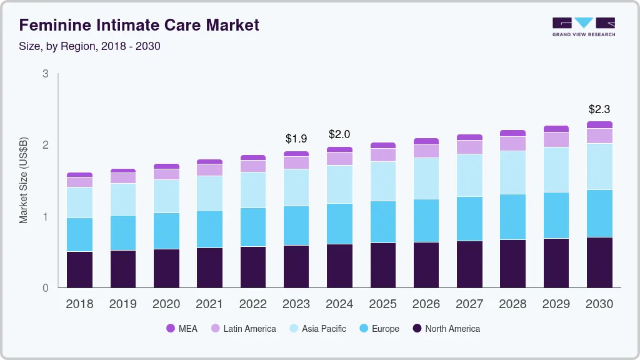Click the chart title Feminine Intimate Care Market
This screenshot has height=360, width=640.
[139, 25]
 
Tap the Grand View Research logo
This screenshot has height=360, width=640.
[583, 26]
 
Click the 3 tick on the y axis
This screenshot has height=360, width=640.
[45, 74]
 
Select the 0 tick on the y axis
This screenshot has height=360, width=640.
[45, 288]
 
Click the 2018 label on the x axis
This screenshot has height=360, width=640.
[79, 304]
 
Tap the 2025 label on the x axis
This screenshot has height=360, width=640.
[382, 304]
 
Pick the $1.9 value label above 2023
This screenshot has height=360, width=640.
[296, 138]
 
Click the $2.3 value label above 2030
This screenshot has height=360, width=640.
[599, 109]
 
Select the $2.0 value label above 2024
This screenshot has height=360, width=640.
[339, 134]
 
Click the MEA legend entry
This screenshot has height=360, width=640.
[182, 329]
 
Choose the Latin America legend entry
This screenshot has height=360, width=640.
[243, 329]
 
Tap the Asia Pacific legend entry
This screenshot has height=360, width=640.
[317, 329]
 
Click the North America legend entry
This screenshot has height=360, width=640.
[446, 329]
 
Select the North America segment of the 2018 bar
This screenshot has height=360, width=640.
[79, 270]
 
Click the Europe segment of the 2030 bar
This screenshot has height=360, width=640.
[599, 213]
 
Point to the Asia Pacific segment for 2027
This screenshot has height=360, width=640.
[469, 175]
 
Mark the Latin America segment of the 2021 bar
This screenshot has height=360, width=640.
[209, 170]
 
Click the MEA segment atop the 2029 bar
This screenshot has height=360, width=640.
[556, 129]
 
